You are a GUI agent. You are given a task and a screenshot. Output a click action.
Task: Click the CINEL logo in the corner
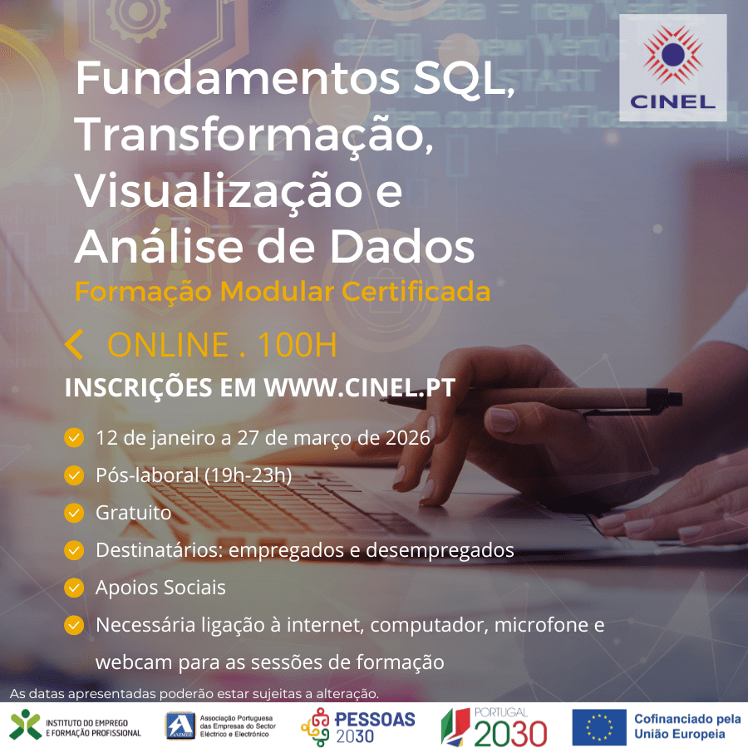[672, 68]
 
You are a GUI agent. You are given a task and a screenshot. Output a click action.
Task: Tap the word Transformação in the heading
[254, 135]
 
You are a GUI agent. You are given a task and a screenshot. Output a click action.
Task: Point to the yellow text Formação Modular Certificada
[282, 293]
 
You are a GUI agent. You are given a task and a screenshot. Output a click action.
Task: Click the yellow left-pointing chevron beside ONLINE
[74, 344]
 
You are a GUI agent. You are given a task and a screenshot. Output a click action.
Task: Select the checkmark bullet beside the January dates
[74, 437]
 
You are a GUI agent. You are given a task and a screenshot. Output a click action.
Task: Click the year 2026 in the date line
[407, 437]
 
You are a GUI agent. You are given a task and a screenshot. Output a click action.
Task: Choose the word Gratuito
[133, 513]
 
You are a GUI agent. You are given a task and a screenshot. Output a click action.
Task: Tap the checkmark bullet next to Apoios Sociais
[74, 588]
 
